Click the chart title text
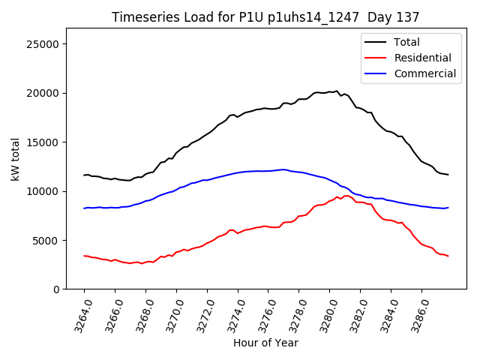265,17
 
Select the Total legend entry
406,42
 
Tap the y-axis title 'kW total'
16,159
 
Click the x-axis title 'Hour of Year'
265,343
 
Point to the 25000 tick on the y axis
43,44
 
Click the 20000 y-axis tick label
43,93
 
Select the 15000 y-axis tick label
43,142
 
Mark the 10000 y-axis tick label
43,191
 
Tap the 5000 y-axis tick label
46,240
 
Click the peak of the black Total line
337,91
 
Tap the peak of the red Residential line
346,196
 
